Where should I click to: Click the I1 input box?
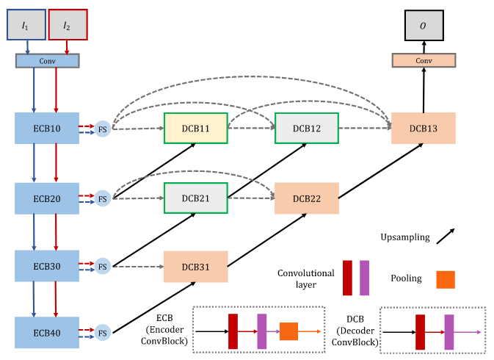pyautogui.click(x=28, y=25)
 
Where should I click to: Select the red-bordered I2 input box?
pyautogui.click(x=68, y=25)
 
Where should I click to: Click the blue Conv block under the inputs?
pyautogui.click(x=47, y=61)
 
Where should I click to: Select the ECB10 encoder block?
pyautogui.click(x=47, y=129)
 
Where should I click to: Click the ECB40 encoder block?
pyautogui.click(x=47, y=331)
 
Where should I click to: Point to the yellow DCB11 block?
pyautogui.click(x=195, y=129)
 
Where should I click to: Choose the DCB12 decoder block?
pyautogui.click(x=306, y=129)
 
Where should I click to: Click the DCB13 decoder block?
pyautogui.click(x=424, y=129)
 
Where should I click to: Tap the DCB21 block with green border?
pyautogui.click(x=195, y=198)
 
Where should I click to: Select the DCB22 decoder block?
pyautogui.click(x=306, y=198)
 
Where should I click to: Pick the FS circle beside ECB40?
pyautogui.click(x=103, y=333)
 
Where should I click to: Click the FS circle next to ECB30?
pyautogui.click(x=103, y=266)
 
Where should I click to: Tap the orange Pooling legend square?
pyautogui.click(x=446, y=279)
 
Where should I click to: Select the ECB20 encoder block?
pyautogui.click(x=47, y=198)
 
